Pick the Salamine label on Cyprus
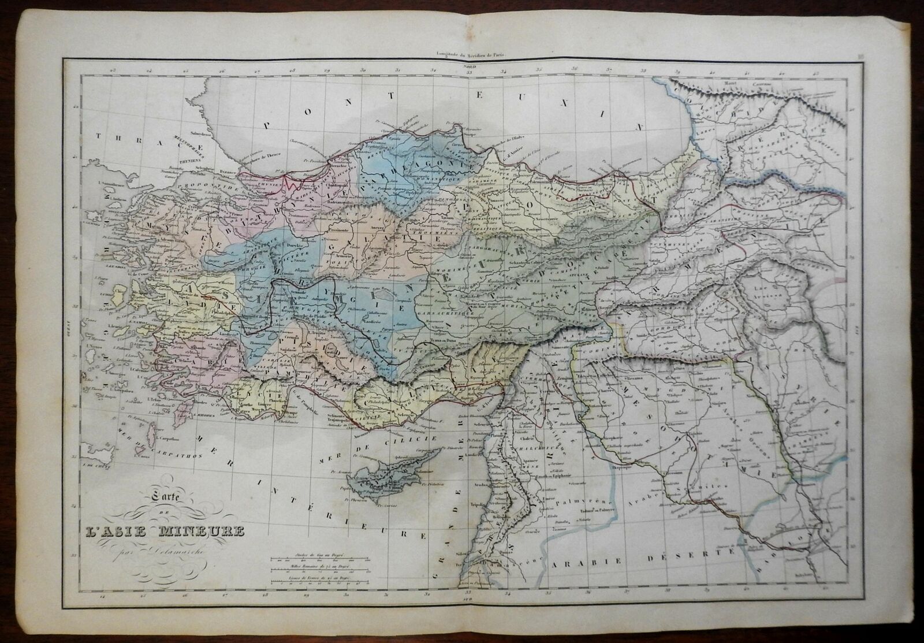pyautogui.click(x=422, y=472)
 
